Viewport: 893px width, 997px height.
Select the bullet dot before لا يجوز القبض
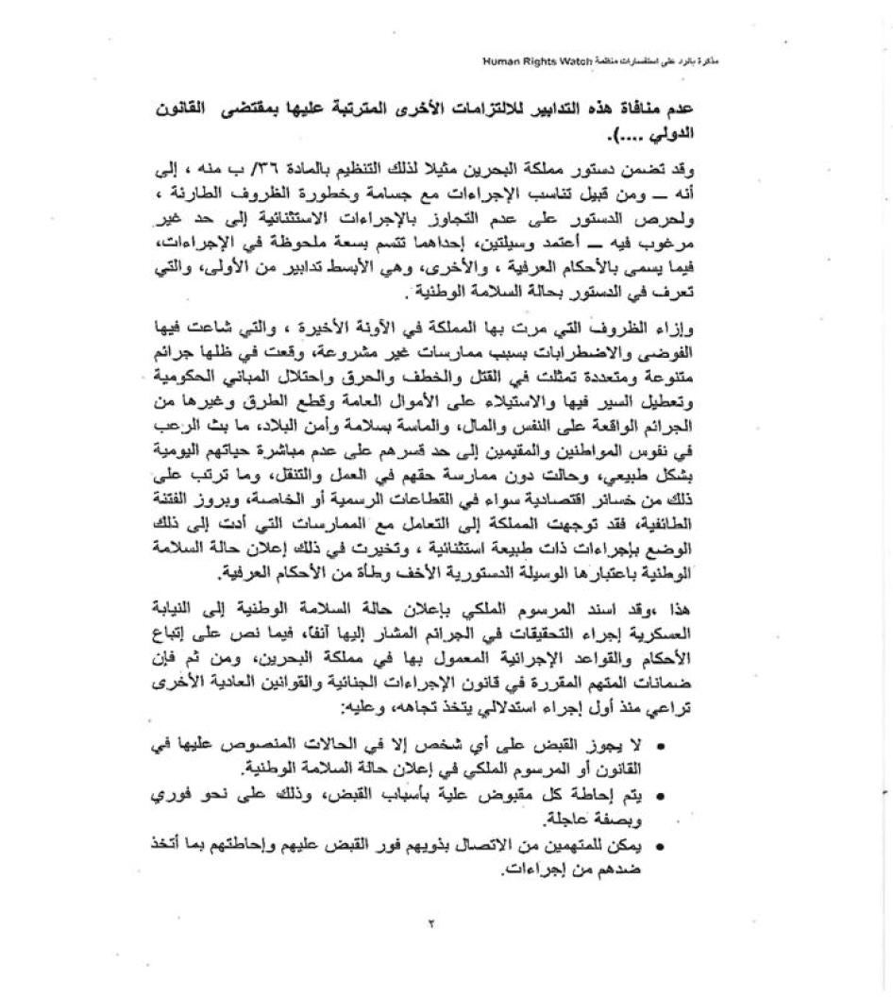[660, 748]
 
